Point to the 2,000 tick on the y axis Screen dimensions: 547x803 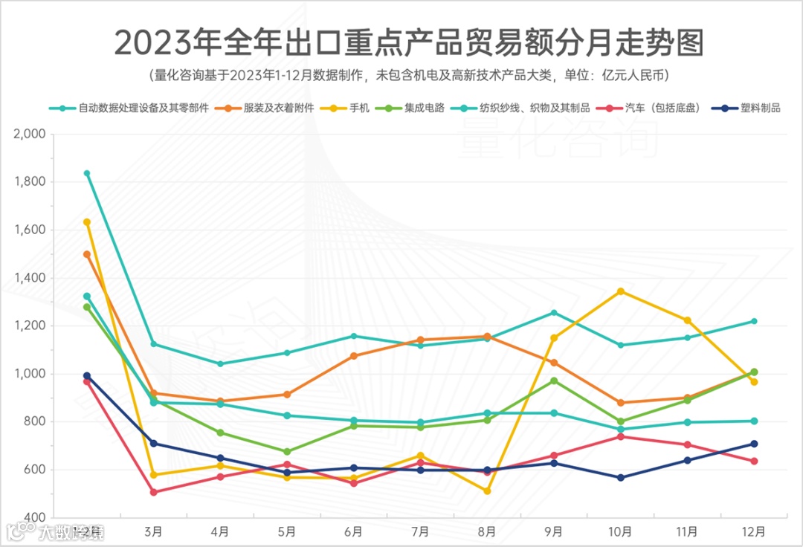click(x=30, y=135)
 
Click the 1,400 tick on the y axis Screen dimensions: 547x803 click(x=30, y=278)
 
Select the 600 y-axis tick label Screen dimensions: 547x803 click(x=34, y=470)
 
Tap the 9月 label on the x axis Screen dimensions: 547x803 click(x=554, y=531)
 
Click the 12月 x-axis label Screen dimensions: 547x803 click(x=753, y=531)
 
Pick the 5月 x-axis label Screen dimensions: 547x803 click(x=287, y=531)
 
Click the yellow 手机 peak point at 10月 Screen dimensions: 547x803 click(x=621, y=291)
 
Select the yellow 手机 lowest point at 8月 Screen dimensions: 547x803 click(x=487, y=491)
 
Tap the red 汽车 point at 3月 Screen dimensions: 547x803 click(x=154, y=492)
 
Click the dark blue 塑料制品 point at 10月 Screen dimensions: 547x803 click(x=621, y=477)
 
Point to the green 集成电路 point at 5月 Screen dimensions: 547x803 click(x=287, y=451)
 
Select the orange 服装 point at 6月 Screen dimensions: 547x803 click(x=354, y=356)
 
